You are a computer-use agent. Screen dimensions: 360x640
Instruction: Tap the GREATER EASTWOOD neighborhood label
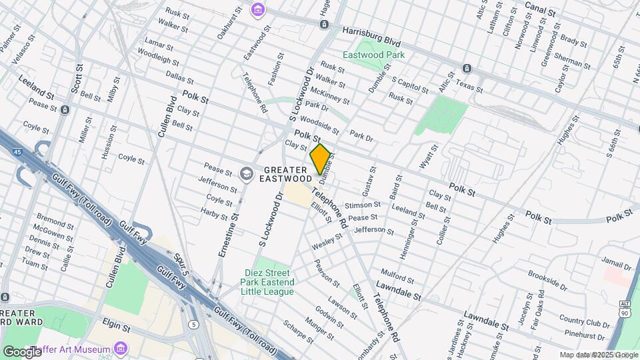coord(285,174)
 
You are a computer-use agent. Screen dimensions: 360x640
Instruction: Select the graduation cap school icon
coord(246,174)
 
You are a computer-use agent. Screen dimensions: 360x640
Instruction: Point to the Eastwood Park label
coord(373,55)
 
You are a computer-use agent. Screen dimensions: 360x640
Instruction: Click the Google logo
coord(21,351)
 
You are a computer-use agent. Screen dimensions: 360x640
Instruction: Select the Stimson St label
coord(362,205)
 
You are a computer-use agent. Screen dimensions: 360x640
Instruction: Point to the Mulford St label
coord(397,273)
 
